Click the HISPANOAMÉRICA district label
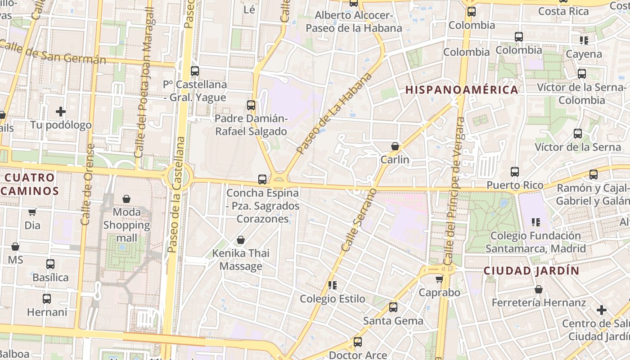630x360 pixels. point(462,90)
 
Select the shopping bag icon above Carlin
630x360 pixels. point(395,146)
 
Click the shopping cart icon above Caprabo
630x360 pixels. point(439,279)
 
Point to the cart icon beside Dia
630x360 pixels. point(32,212)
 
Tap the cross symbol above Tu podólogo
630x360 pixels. point(61,111)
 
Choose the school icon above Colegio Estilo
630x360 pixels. point(333,285)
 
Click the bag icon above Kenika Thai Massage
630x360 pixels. point(241,240)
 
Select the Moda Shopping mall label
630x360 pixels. point(126,225)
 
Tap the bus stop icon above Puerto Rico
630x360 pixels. point(515,172)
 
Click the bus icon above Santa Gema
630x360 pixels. point(393,307)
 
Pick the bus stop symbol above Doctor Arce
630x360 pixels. point(358,342)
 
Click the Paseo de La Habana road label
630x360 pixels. point(335,113)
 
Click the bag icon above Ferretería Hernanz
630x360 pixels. point(539,289)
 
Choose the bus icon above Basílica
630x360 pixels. point(50,264)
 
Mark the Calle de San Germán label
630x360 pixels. point(53,52)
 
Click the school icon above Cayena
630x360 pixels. point(584,40)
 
